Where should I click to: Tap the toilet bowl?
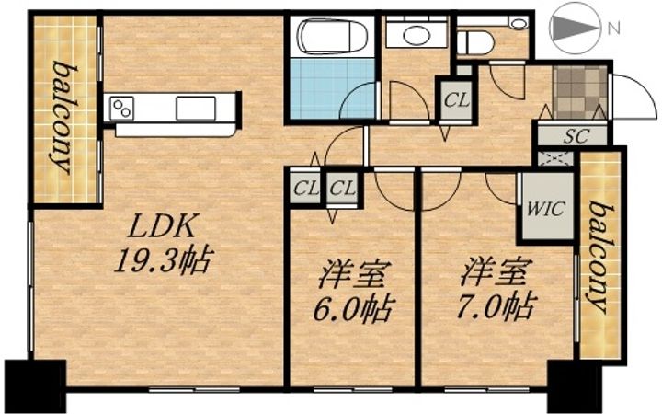tap(475, 42)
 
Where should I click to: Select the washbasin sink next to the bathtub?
tap(417, 35)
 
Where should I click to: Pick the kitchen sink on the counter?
tap(196, 109)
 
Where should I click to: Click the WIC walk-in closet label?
tap(545, 209)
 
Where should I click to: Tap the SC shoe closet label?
tap(576, 136)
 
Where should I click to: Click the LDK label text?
tap(163, 227)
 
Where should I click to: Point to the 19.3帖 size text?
tap(163, 260)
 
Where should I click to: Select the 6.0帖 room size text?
tap(354, 310)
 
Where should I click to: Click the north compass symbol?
tap(575, 28)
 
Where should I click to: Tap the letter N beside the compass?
tap(614, 29)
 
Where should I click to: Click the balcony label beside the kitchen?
tap(63, 118)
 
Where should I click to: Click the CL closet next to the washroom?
tap(456, 100)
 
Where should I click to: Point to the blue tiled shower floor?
tap(333, 88)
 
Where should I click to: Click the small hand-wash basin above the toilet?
tap(517, 23)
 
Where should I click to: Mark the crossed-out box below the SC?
tap(555, 158)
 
